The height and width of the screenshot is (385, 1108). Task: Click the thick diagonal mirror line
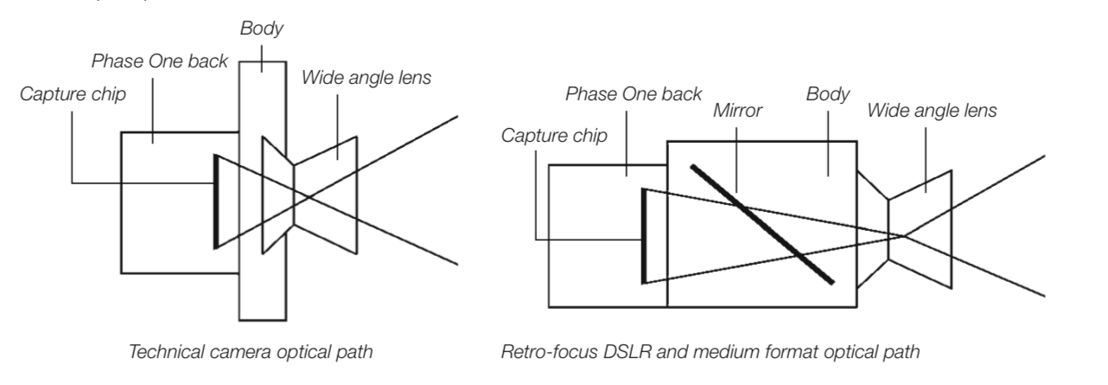pos(761,221)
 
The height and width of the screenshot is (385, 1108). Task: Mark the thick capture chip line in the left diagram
pos(215,201)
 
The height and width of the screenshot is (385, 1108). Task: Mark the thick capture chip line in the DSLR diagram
pos(642,235)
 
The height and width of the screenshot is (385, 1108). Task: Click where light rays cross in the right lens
pos(904,234)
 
